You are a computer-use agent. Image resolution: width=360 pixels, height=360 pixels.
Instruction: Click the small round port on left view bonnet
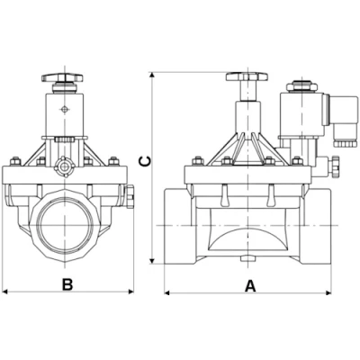pos(65,167)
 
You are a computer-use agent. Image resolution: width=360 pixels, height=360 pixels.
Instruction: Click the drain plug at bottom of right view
pos(245,262)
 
